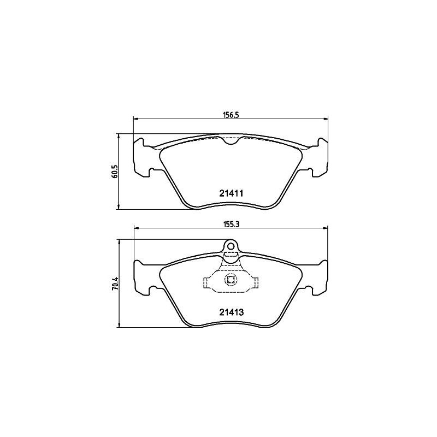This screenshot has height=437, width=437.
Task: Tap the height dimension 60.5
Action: click(115, 172)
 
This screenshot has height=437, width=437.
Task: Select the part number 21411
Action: click(231, 193)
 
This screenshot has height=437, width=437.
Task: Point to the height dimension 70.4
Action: click(115, 284)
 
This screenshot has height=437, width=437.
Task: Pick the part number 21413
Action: click(231, 314)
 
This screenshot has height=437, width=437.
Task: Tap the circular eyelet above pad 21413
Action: click(231, 246)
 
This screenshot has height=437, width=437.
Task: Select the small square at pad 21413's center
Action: click(231, 281)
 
